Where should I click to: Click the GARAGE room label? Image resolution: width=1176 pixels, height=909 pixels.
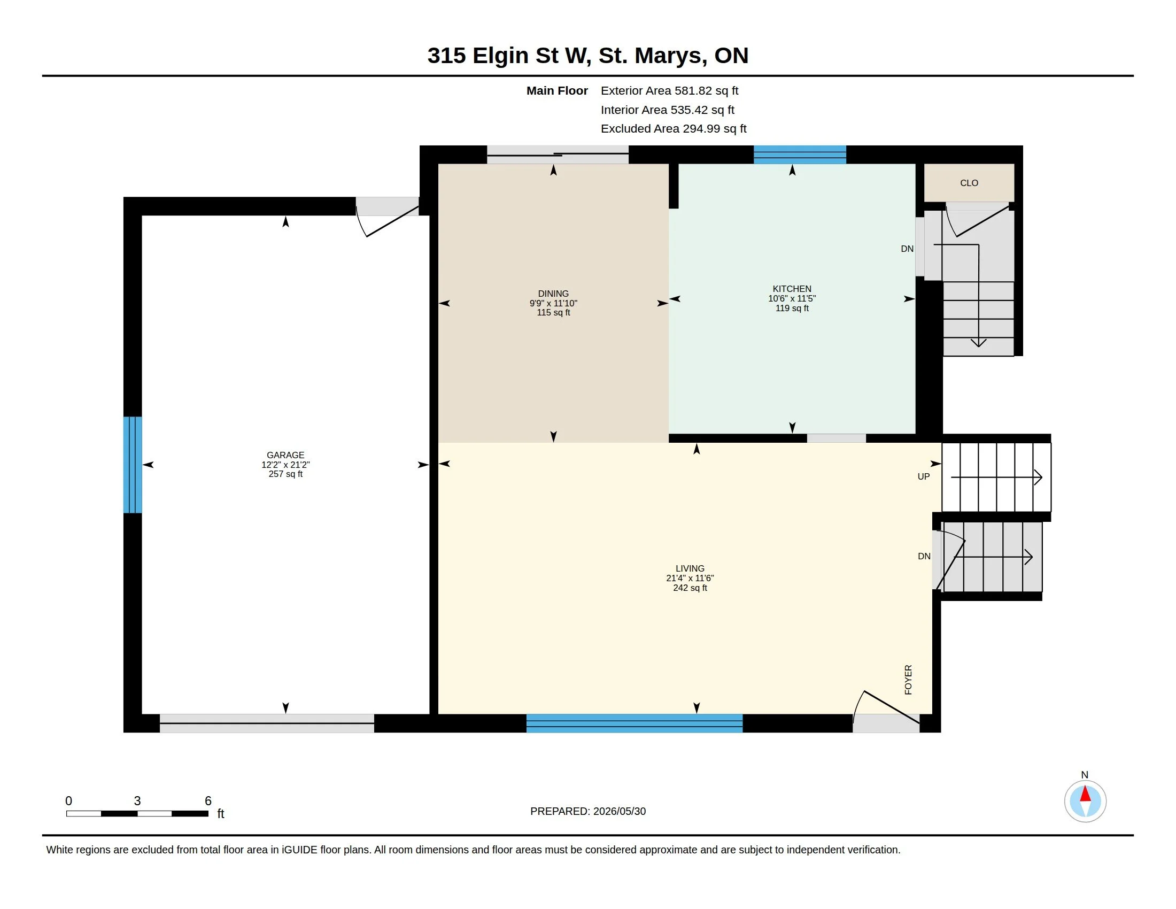[285, 455]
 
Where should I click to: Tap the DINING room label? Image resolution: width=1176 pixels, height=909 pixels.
[554, 294]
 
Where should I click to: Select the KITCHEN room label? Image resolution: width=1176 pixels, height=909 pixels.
[792, 289]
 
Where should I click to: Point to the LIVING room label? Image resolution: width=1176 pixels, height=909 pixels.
[690, 568]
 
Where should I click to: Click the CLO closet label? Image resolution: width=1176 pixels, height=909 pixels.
[969, 183]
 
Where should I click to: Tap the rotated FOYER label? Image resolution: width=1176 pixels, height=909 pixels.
[908, 680]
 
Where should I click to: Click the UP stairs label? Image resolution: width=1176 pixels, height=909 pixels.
[924, 476]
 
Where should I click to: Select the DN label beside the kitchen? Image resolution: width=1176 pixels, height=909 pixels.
[907, 249]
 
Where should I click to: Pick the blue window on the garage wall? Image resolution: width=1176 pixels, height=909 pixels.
[133, 465]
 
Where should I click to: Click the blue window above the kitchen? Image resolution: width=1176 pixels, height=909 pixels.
[800, 155]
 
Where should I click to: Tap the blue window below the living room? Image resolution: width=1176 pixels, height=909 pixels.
[635, 723]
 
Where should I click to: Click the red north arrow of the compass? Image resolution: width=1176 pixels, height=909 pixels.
[1085, 794]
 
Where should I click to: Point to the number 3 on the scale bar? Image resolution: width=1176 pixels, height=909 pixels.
[137, 801]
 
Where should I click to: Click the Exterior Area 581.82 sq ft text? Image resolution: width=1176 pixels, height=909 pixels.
[669, 90]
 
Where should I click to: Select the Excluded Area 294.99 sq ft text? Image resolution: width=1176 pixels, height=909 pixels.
[674, 129]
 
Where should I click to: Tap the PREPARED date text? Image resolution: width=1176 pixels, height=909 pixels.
[588, 811]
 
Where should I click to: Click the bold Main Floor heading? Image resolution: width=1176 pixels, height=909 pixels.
[557, 90]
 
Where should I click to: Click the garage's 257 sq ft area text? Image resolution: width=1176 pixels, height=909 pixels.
[285, 474]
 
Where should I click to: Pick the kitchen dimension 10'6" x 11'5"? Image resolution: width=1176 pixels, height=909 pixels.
[792, 298]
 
